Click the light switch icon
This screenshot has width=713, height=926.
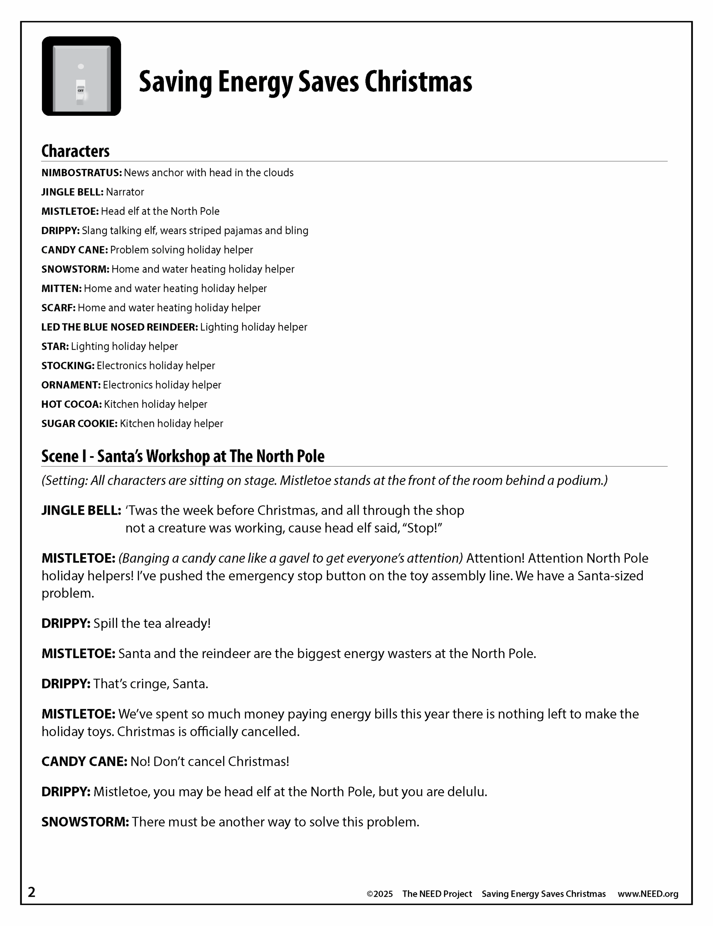(81, 76)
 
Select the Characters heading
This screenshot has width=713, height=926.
(76, 151)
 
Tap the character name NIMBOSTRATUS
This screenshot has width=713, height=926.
(81, 173)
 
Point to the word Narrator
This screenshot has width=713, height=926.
(125, 192)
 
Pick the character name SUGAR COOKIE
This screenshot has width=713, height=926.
(79, 424)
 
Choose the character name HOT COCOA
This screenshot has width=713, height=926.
(72, 404)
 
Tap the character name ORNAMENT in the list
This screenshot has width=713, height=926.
(71, 385)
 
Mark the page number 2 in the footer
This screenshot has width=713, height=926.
(32, 892)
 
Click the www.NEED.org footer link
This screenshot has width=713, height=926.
(648, 894)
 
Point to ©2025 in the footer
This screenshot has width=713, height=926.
(379, 894)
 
